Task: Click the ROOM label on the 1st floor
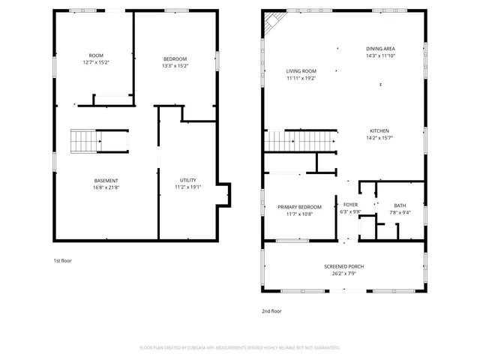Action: (96, 55)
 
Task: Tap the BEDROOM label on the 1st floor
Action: (175, 58)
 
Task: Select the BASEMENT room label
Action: (106, 180)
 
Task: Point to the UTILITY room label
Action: (188, 180)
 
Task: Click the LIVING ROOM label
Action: (301, 71)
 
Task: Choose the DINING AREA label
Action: (380, 48)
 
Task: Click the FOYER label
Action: (351, 205)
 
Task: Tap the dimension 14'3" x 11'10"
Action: (380, 55)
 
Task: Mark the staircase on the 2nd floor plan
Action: (299, 139)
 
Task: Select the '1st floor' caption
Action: (61, 260)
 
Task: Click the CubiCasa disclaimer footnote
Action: (239, 347)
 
